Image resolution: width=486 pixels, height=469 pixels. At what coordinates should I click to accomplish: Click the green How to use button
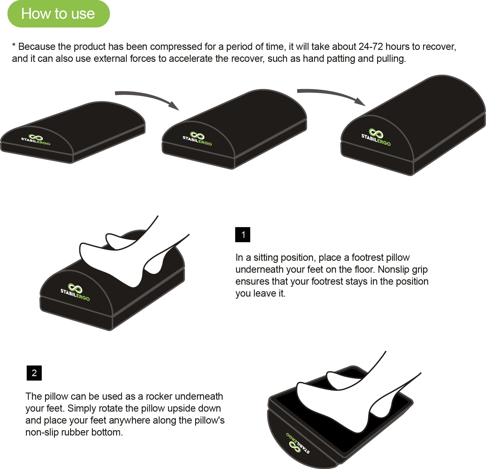click(58, 14)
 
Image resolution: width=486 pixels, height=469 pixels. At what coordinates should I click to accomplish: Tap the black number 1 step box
click(243, 234)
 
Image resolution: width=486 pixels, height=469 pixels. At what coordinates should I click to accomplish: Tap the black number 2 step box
click(34, 373)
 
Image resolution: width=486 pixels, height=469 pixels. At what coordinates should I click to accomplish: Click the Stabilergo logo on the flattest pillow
click(36, 140)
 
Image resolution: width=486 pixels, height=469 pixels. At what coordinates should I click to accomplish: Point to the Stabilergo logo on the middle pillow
click(197, 139)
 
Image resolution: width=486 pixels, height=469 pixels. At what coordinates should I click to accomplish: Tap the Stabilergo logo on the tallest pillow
click(376, 137)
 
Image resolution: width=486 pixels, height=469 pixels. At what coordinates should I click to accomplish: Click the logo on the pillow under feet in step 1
click(75, 292)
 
